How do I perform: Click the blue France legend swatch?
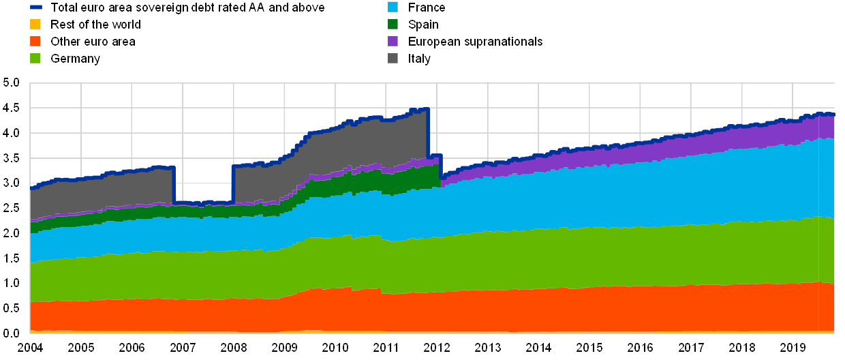392,7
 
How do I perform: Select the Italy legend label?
419,59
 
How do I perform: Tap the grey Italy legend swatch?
392,59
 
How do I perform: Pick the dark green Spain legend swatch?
392,25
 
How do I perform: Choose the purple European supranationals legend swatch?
392,42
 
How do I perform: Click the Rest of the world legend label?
95,25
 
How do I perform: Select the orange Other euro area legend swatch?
36,42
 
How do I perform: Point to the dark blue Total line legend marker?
36,7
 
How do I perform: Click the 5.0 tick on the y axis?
12,82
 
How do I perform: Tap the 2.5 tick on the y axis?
12,207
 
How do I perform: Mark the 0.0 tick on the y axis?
12,332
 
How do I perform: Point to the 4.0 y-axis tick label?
12,132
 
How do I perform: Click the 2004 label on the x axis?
30,347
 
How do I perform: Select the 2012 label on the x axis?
437,347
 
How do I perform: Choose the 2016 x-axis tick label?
640,347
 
